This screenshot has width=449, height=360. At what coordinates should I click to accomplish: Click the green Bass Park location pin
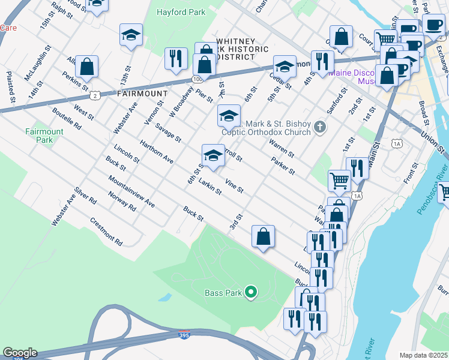pos(252,293)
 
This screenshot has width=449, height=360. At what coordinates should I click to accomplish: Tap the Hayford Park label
pos(181,12)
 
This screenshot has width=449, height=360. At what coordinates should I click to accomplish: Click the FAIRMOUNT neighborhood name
pos(142,94)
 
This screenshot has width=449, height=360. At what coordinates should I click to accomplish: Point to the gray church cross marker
pos(320,127)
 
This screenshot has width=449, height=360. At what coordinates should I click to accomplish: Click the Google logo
pos(19,353)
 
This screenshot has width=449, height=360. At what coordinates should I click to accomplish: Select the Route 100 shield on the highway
pos(197,79)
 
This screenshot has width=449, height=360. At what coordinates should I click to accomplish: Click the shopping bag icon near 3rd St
pos(263,236)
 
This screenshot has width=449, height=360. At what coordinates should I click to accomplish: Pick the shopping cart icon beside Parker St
pos(339,180)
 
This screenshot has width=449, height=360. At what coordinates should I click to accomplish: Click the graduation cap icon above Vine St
pos(212,155)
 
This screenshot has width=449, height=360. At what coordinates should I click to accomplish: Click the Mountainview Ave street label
pos(131,193)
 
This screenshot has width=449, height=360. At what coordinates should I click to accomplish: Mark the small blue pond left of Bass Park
pos(164,297)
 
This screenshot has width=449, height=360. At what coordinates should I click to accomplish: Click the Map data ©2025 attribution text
pos(424,355)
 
